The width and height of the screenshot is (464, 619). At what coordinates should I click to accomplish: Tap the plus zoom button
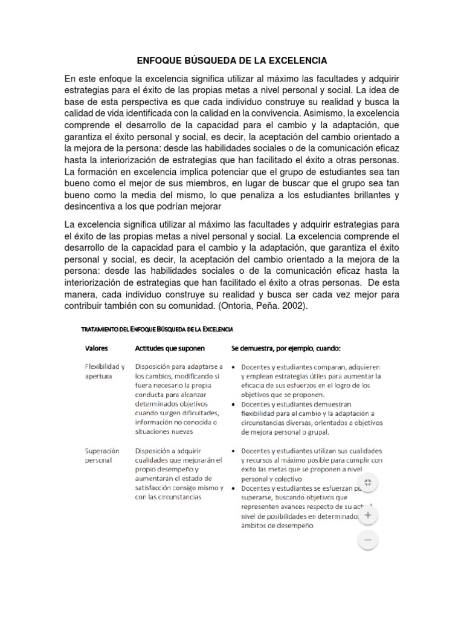(x=369, y=516)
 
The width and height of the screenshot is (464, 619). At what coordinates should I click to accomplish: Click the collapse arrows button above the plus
(x=369, y=482)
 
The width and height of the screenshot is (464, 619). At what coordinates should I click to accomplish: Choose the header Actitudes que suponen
(x=170, y=348)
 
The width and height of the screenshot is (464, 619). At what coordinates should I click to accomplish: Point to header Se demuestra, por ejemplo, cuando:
(x=286, y=348)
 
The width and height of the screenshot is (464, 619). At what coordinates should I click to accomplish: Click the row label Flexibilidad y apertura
(x=104, y=371)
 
